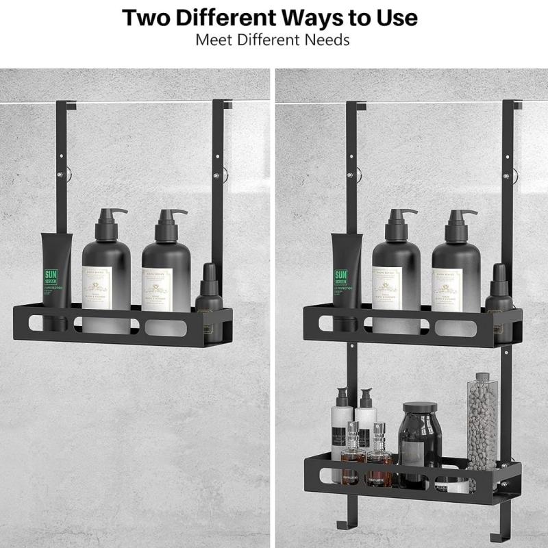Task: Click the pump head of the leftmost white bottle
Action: coord(341,397)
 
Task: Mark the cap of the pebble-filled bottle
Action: coord(483,377)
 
